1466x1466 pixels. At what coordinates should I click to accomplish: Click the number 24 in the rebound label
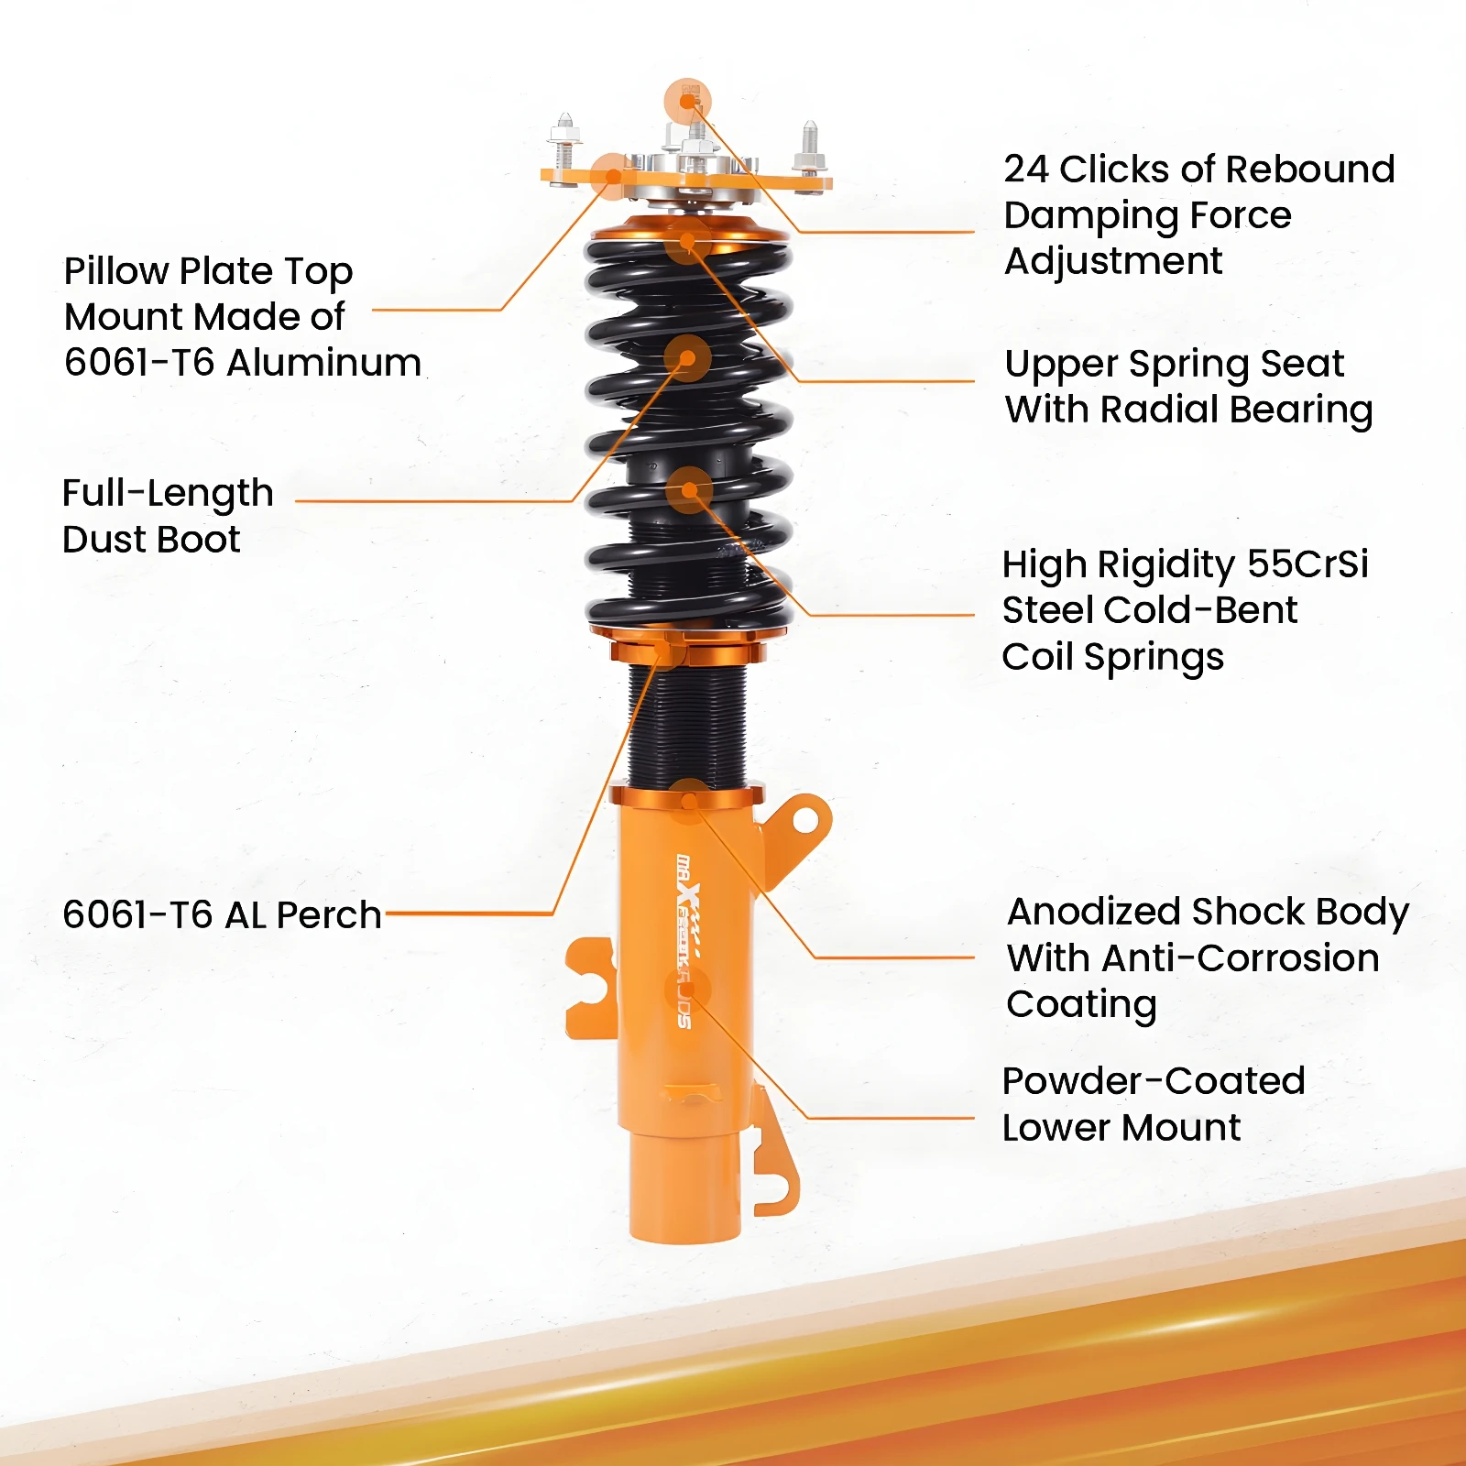[x=1026, y=170]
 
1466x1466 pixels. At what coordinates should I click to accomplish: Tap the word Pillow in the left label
[x=116, y=271]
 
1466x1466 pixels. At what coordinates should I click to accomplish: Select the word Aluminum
[x=324, y=363]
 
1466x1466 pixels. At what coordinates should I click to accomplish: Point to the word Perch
[x=329, y=914]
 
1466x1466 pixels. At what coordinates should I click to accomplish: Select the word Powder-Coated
[x=1154, y=1081]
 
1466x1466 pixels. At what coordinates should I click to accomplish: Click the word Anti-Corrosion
[x=1242, y=958]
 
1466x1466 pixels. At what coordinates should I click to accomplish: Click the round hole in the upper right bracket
[x=804, y=821]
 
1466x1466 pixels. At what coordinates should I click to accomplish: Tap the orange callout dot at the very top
[x=687, y=100]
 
